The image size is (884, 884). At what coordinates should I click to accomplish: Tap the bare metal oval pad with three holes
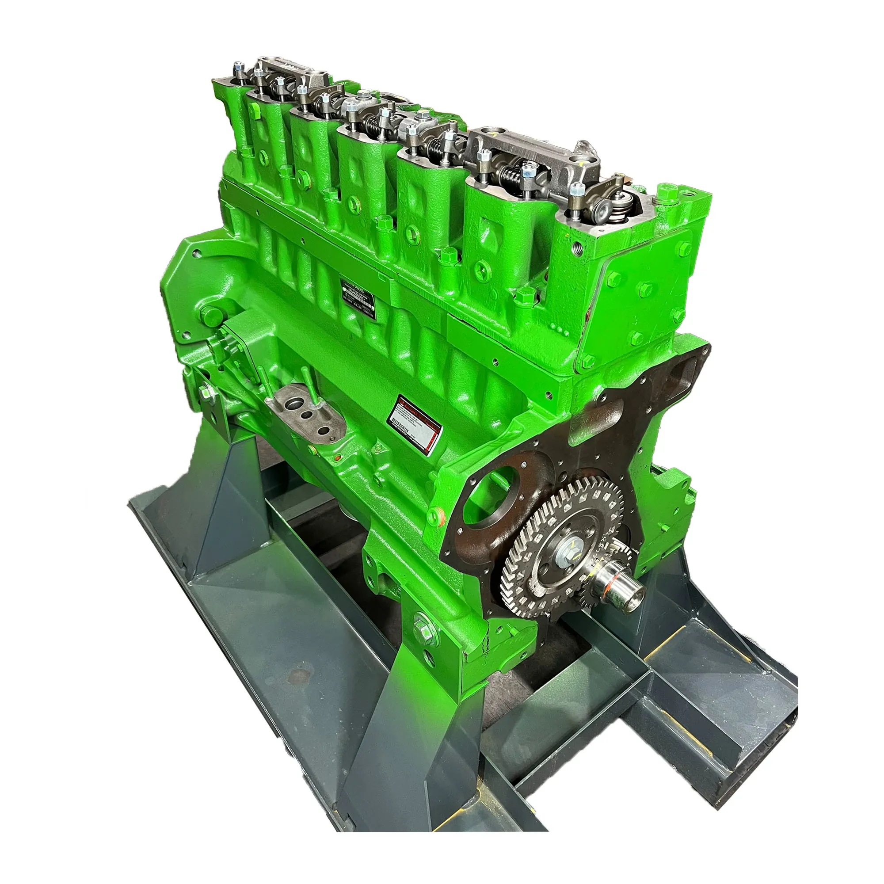coord(304,414)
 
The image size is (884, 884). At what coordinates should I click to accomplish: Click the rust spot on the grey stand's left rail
coord(298,675)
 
